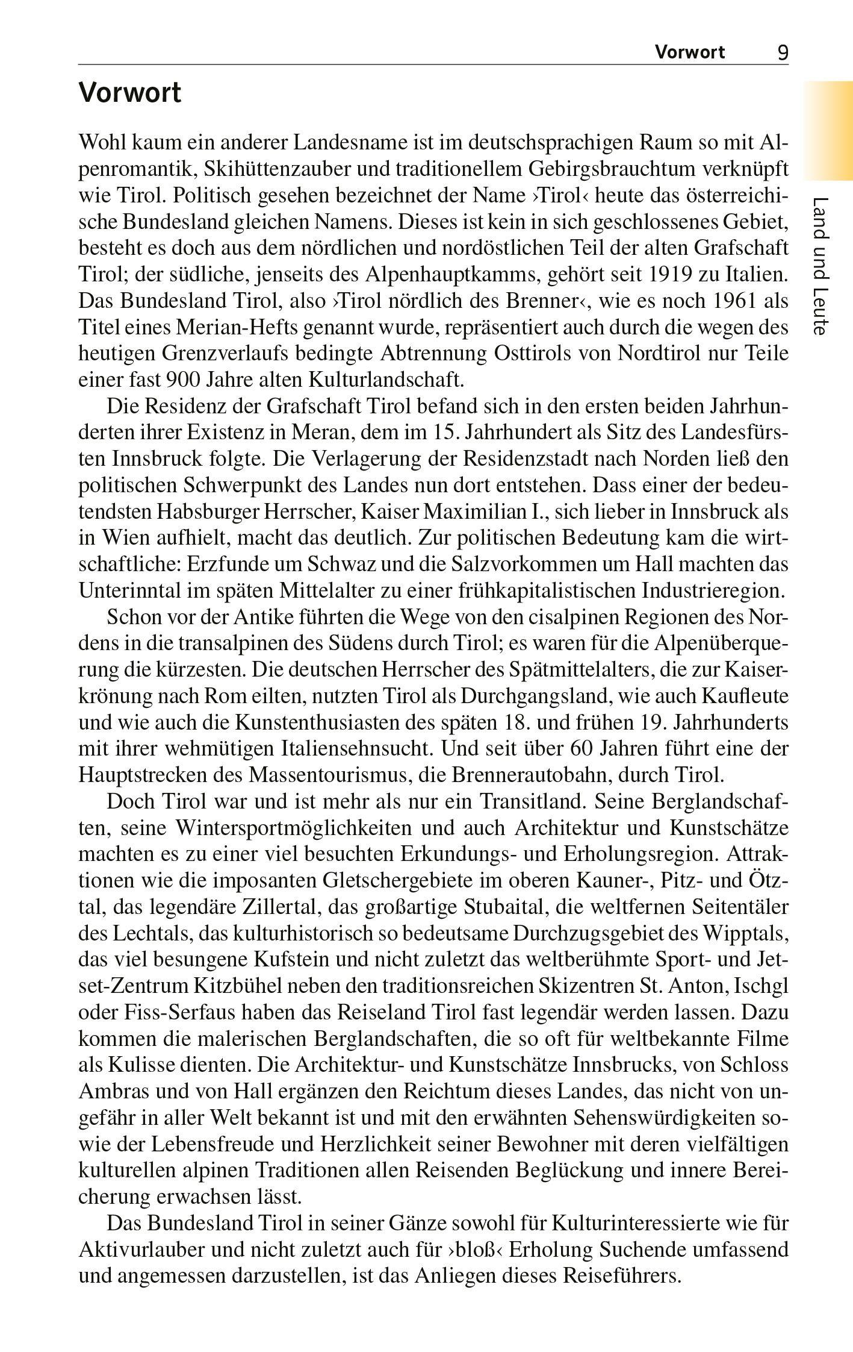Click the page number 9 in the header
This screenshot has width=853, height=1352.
click(783, 52)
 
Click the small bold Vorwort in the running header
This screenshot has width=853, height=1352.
click(690, 52)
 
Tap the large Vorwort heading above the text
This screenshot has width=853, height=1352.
click(130, 93)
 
